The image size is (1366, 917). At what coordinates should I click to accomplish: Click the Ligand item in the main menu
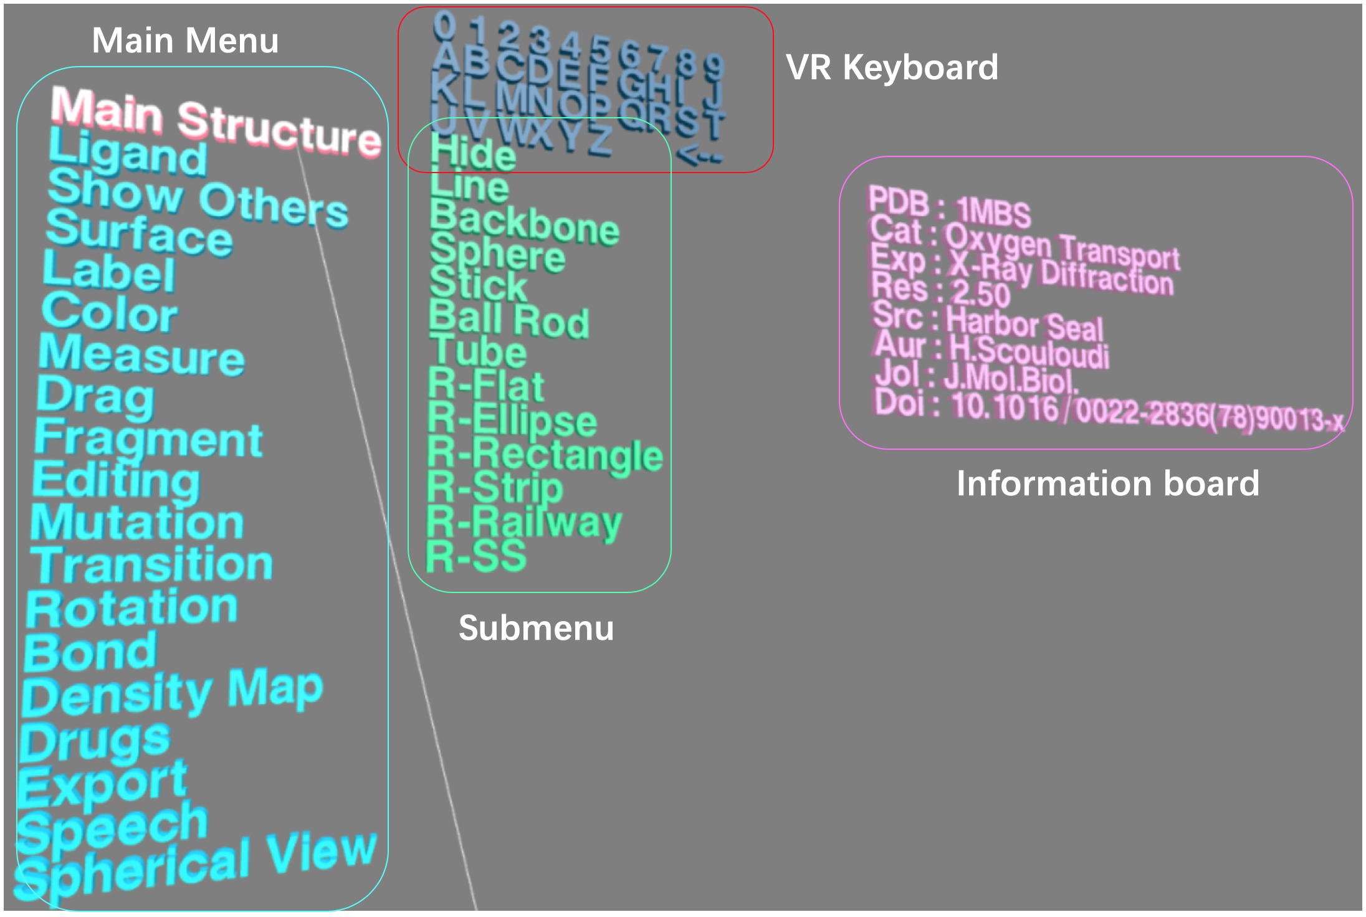pyautogui.click(x=128, y=153)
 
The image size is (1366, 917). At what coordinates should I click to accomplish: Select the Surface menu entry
pyautogui.click(x=138, y=234)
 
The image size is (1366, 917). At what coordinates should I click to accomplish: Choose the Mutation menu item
pyautogui.click(x=137, y=523)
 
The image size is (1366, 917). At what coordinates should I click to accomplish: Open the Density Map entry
pyautogui.click(x=172, y=693)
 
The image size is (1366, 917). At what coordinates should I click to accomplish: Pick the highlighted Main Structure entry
pyautogui.click(x=215, y=120)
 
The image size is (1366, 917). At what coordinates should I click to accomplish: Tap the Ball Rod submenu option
pyautogui.click(x=509, y=320)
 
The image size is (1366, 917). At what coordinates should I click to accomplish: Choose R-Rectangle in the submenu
pyautogui.click(x=545, y=454)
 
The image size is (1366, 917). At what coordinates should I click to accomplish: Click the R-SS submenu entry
pyautogui.click(x=476, y=556)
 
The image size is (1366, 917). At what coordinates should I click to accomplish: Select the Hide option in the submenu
pyautogui.click(x=473, y=153)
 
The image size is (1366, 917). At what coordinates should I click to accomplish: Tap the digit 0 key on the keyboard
pyautogui.click(x=444, y=27)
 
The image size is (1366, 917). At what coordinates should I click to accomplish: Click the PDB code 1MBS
pyautogui.click(x=993, y=212)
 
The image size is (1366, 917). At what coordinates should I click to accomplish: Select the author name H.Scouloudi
pyautogui.click(x=1028, y=353)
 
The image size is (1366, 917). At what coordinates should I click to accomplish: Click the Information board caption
pyautogui.click(x=1107, y=483)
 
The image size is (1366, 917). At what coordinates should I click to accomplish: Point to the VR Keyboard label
pyautogui.click(x=892, y=67)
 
